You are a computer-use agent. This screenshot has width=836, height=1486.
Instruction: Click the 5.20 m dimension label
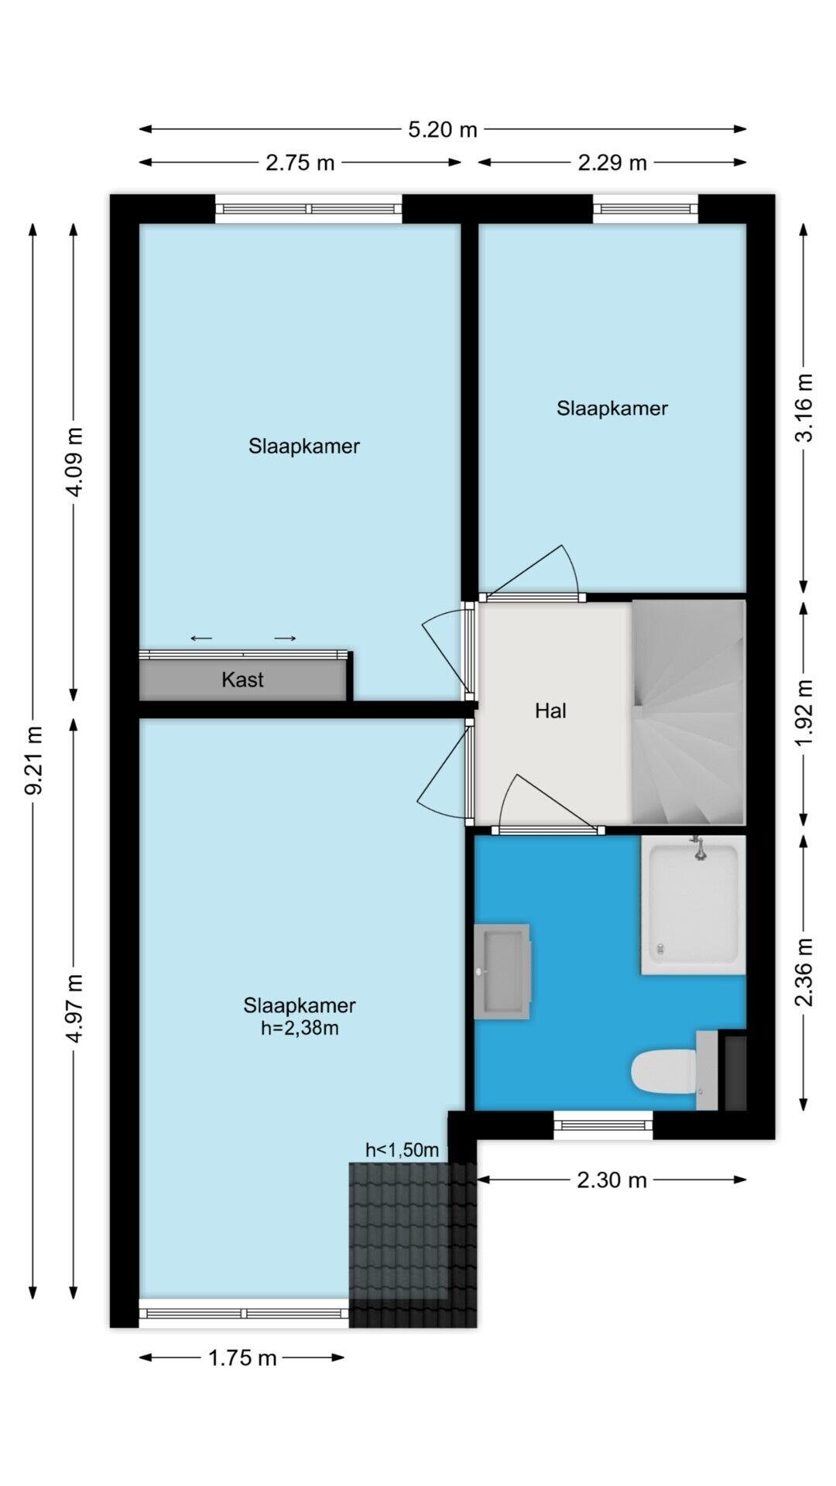(x=443, y=129)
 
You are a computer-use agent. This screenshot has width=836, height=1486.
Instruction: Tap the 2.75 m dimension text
(x=300, y=163)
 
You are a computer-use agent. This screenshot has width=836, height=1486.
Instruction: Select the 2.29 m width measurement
(x=612, y=163)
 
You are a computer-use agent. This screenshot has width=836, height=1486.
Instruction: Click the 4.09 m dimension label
(x=74, y=461)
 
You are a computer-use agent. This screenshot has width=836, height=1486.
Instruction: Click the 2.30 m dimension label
(x=612, y=1180)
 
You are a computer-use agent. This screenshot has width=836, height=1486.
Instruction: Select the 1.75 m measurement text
(x=242, y=1358)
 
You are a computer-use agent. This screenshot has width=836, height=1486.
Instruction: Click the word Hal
(x=550, y=710)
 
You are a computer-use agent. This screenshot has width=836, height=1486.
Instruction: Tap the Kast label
(x=242, y=680)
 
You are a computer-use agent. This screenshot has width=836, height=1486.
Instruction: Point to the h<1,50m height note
(x=403, y=1150)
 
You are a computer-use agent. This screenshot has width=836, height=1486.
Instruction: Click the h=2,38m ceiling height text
(x=300, y=1029)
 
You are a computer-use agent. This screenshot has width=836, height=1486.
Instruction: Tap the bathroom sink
(x=502, y=971)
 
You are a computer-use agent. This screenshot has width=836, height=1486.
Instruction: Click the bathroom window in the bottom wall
(x=603, y=1125)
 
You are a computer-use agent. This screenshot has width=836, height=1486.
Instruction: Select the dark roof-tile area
(x=413, y=1245)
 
